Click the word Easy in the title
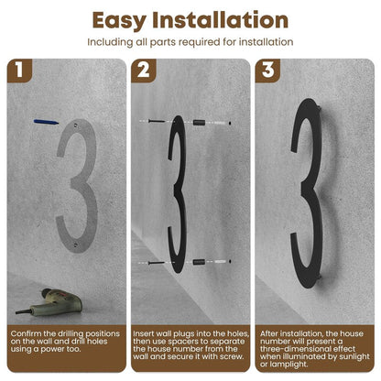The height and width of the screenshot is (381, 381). pyautogui.click(x=119, y=21)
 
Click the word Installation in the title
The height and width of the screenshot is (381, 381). pyautogui.click(x=220, y=20)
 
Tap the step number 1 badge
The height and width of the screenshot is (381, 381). pyautogui.click(x=19, y=71)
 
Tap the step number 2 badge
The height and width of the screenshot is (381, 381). pyautogui.click(x=144, y=71)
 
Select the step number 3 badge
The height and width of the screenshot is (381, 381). pyautogui.click(x=267, y=71)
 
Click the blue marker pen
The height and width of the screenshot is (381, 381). pyautogui.click(x=46, y=122)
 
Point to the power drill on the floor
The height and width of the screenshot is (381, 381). pyautogui.click(x=49, y=302)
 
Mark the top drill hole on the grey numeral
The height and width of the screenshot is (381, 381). pyautogui.click(x=75, y=125)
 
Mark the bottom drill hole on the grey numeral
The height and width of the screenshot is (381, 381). pyautogui.click(x=76, y=245)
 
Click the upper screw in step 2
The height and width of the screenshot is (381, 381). pyautogui.click(x=157, y=121)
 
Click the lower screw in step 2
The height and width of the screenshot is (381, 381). pyautogui.click(x=157, y=263)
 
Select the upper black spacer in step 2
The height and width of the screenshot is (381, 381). pyautogui.click(x=199, y=123)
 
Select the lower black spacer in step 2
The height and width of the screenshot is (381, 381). pyautogui.click(x=199, y=262)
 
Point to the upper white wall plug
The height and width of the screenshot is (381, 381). pyautogui.click(x=219, y=123)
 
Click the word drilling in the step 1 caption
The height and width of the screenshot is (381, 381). pyautogui.click(x=71, y=333)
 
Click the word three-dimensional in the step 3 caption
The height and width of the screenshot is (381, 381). pyautogui.click(x=308, y=349)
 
